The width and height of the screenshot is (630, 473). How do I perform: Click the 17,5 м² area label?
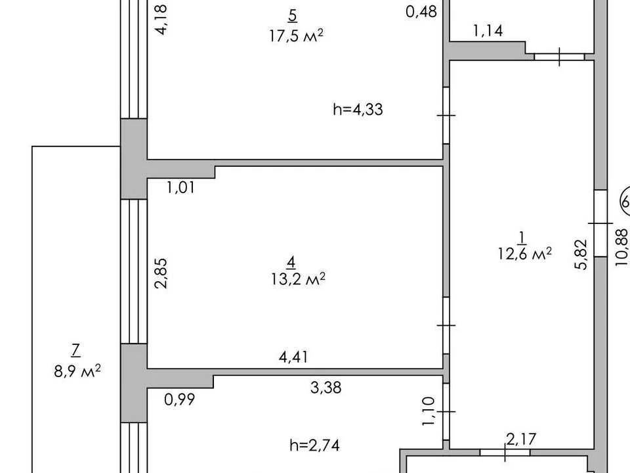pyautogui.click(x=296, y=35)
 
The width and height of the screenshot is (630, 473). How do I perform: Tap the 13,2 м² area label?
pyautogui.click(x=298, y=279)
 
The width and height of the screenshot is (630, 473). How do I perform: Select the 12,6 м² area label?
pyautogui.click(x=525, y=254)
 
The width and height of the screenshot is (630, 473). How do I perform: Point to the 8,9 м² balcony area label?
pyautogui.click(x=77, y=371)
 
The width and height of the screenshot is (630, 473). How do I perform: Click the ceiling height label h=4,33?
pyautogui.click(x=358, y=109)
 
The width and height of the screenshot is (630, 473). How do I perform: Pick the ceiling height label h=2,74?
pyautogui.click(x=314, y=445)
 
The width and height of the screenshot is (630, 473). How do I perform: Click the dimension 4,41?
pyautogui.click(x=294, y=357)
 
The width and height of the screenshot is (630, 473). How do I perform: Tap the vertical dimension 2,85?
pyautogui.click(x=161, y=273)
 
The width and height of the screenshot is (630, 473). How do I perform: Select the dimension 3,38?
pyautogui.click(x=326, y=388)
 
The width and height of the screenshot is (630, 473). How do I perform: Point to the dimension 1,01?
pyautogui.click(x=181, y=187)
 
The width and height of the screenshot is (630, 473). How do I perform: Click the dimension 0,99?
pyautogui.click(x=180, y=399)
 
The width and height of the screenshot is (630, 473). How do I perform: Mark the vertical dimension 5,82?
pyautogui.click(x=581, y=254)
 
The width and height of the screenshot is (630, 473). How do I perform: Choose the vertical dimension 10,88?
pyautogui.click(x=621, y=247)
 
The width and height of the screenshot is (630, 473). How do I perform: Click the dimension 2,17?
pyautogui.click(x=521, y=439)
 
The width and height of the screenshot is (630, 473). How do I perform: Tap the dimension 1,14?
pyautogui.click(x=488, y=31)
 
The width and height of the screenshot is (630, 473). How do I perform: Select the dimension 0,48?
pyautogui.click(x=421, y=12)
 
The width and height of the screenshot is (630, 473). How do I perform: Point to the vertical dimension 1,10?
pyautogui.click(x=429, y=412)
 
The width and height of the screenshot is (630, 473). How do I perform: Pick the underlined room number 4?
pyautogui.click(x=291, y=263)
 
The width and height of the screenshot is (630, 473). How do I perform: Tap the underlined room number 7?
pyautogui.click(x=75, y=351)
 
